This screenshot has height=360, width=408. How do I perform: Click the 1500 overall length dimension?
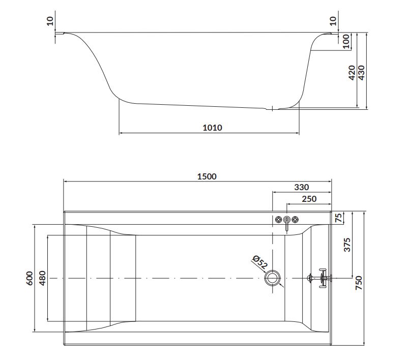point(207,176)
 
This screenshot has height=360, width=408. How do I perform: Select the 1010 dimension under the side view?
point(212,128)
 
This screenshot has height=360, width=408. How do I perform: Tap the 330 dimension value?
point(302,187)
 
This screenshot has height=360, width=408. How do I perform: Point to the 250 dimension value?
point(309,199)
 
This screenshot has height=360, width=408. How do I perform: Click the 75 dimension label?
point(338,218)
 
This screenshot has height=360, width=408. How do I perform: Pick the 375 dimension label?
point(347,245)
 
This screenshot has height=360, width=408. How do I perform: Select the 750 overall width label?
point(359,283)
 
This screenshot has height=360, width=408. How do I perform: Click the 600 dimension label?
point(30,278)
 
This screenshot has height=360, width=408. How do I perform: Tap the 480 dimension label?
point(42,278)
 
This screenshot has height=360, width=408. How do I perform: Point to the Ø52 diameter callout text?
point(260,262)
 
